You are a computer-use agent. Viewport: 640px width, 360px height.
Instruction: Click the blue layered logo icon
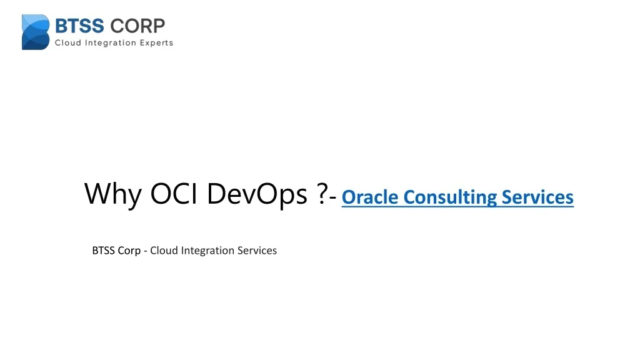[x=36, y=32]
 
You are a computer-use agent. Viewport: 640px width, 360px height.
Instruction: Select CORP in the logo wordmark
[x=138, y=26]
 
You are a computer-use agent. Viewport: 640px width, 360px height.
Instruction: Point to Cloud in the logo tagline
[x=69, y=43]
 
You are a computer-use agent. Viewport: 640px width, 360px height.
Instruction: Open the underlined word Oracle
[x=370, y=197]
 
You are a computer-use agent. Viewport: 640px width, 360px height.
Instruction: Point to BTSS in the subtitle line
[x=104, y=251]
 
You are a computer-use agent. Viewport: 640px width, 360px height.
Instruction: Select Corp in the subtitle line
[x=129, y=251]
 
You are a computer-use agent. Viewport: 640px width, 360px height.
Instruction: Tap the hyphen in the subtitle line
[x=145, y=251]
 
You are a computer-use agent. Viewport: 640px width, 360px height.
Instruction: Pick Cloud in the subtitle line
[x=164, y=251]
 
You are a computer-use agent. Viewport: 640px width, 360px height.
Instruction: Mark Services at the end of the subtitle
[x=256, y=251]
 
